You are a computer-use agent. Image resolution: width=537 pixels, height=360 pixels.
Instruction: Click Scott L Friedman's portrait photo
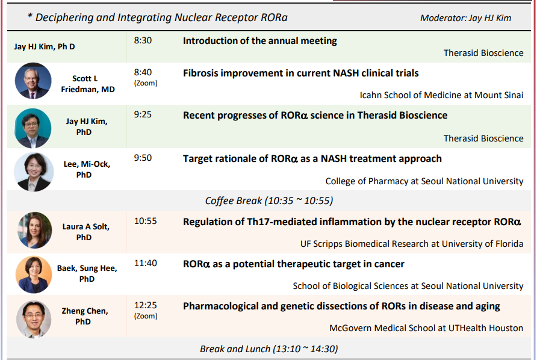pyautogui.click(x=33, y=81)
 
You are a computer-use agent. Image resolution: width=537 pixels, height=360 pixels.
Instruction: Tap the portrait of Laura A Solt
pyautogui.click(x=34, y=230)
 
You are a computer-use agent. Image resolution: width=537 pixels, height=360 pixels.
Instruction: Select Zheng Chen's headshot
pyautogui.click(x=34, y=319)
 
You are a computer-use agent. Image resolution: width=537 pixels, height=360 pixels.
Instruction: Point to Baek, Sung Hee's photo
pyautogui.click(x=34, y=275)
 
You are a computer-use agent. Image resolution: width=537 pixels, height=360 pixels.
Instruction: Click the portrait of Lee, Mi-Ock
pyautogui.click(x=34, y=172)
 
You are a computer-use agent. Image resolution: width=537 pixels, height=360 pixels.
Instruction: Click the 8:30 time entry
pyautogui.click(x=143, y=40)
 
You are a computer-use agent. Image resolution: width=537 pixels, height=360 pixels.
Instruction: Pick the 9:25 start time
pyautogui.click(x=143, y=114)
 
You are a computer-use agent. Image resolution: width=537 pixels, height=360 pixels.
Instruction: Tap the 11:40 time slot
pyautogui.click(x=146, y=263)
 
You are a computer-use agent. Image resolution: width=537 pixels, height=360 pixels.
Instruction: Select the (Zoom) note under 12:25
pyautogui.click(x=146, y=316)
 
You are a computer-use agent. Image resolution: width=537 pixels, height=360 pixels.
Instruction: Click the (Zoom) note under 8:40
pyautogui.click(x=146, y=83)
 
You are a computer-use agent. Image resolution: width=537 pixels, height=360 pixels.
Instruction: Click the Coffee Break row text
pyautogui.click(x=269, y=200)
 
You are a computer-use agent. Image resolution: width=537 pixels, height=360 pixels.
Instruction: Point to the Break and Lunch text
pyautogui.click(x=269, y=349)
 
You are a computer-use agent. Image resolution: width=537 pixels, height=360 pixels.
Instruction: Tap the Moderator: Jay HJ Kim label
pyautogui.click(x=465, y=18)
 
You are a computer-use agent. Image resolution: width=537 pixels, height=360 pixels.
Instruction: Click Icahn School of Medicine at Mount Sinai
pyautogui.click(x=441, y=95)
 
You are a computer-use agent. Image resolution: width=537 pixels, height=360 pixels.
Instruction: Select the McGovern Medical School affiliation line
pyautogui.click(x=426, y=328)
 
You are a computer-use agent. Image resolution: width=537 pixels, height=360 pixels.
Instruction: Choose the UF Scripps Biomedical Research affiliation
pyautogui.click(x=412, y=244)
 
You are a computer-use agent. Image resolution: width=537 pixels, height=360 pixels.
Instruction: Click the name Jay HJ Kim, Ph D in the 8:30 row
pyautogui.click(x=45, y=46)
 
